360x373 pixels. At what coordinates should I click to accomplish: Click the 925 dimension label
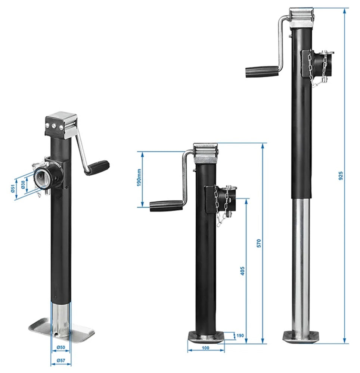coord(340,176)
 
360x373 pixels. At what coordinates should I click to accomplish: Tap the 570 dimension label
coord(259,243)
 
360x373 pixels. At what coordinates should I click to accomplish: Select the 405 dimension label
coord(242,270)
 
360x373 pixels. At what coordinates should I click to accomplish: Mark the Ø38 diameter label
coord(23,184)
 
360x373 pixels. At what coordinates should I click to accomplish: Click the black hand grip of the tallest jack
coord(262,71)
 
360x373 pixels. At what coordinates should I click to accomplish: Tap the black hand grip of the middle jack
coord(166,206)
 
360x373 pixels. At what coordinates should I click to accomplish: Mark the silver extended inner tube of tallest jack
coord(301,261)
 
